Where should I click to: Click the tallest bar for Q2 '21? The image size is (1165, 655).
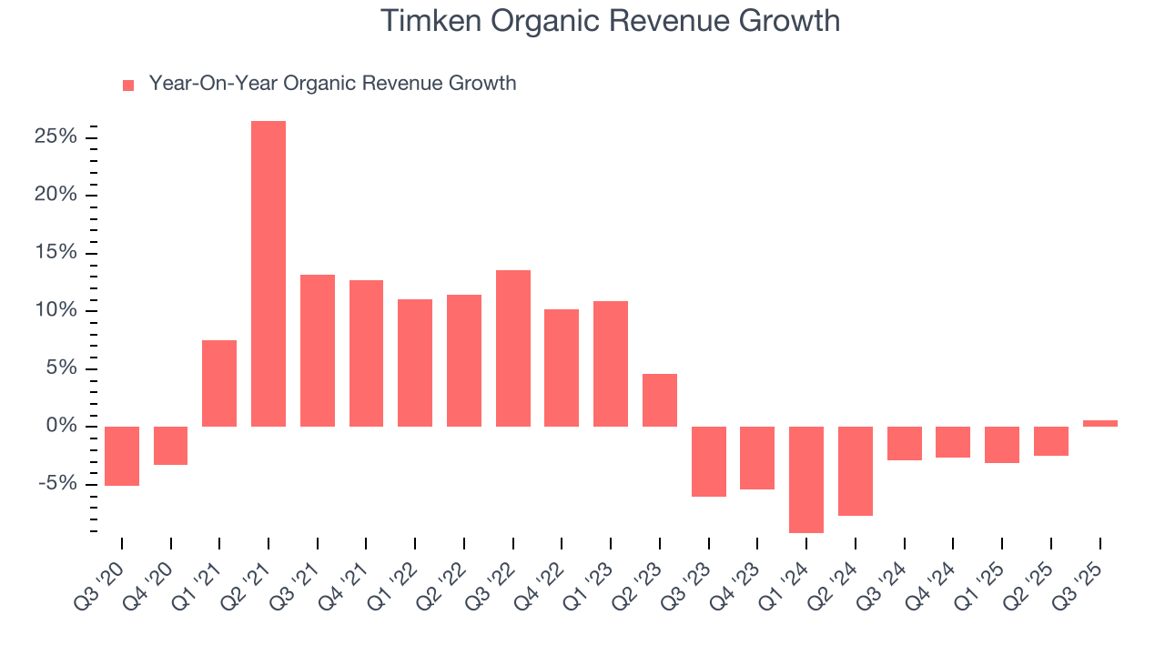click(x=268, y=273)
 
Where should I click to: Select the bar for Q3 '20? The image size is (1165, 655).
click(x=122, y=456)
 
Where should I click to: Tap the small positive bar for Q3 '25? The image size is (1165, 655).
click(x=1099, y=423)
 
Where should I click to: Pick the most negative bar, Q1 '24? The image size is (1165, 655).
click(x=806, y=479)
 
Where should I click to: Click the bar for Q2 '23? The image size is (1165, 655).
click(x=660, y=400)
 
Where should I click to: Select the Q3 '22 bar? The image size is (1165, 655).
click(x=513, y=348)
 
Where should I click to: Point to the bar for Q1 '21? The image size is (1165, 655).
click(x=219, y=383)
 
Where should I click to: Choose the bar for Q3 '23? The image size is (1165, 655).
click(x=709, y=461)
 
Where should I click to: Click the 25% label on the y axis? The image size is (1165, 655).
click(x=56, y=137)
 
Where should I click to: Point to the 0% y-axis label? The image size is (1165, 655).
click(x=61, y=426)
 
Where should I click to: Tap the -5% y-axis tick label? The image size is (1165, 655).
click(x=56, y=483)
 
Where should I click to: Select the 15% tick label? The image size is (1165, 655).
click(x=56, y=252)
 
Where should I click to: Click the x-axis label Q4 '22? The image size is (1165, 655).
click(x=544, y=573)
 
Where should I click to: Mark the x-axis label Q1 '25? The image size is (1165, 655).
click(x=985, y=573)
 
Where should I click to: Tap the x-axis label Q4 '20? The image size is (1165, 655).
click(x=153, y=573)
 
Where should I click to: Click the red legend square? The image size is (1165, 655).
click(x=128, y=85)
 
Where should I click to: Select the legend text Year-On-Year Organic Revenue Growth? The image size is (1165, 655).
click(x=332, y=84)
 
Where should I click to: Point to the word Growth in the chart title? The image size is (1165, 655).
click(x=788, y=20)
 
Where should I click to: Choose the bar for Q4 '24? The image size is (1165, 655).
click(x=953, y=442)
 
